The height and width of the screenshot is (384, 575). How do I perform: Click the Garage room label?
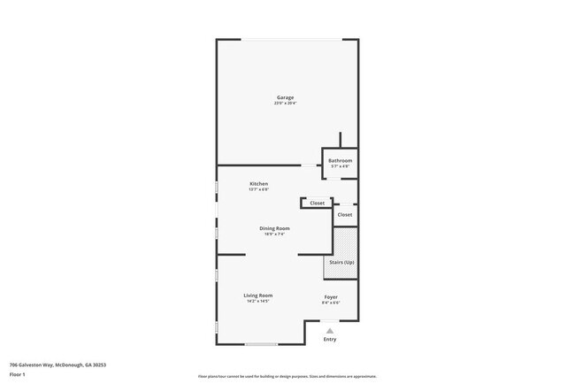pos(285,97)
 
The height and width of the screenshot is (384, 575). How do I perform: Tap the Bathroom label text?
pos(341,160)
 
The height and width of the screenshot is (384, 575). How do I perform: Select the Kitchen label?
pos(258,184)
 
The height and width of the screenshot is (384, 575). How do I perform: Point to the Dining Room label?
pos(274,228)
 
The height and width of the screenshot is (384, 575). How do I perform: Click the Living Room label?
pos(258,295)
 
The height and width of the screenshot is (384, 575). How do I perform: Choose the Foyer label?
pos(330,296)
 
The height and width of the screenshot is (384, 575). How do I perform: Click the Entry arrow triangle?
pos(330,330)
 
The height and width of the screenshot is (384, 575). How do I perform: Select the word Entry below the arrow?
pos(330,339)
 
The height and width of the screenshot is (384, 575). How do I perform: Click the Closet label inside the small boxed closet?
pos(317,203)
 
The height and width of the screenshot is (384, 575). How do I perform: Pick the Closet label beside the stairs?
pos(345,214)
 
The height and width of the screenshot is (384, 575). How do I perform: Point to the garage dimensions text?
pos(285,104)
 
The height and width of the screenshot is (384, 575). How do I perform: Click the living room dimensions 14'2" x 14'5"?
pos(258,302)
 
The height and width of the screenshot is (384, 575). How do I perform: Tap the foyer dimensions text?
pos(330,303)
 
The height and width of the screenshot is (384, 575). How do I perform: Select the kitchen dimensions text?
pos(258,189)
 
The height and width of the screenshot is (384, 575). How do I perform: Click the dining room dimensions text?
pos(274,234)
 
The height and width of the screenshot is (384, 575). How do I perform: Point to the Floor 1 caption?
pos(17,374)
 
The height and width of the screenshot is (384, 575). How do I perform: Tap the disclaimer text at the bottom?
pos(287,374)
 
